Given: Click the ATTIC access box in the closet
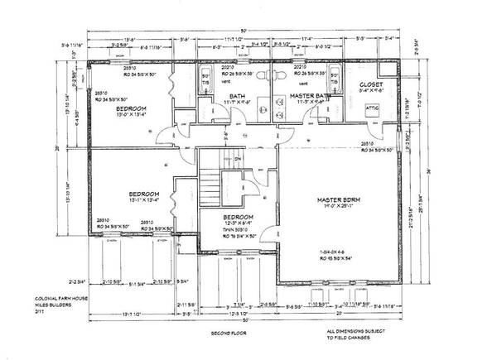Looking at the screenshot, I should (372, 108).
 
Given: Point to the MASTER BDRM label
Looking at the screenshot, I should (342, 200).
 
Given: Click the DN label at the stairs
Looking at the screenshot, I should (237, 160).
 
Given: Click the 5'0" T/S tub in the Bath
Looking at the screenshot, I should (206, 82).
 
